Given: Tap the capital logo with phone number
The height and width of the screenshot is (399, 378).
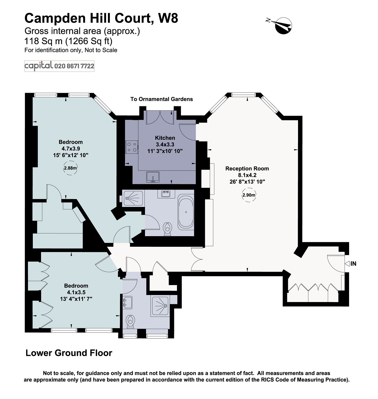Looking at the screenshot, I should coord(59,66).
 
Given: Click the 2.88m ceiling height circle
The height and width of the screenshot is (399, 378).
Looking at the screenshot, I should coord(70,168).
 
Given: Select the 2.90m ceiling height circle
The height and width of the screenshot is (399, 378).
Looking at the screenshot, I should coord(249,195).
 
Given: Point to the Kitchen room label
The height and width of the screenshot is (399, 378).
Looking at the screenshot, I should coord(165,138).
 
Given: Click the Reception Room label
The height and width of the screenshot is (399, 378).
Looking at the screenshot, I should coord(247,168).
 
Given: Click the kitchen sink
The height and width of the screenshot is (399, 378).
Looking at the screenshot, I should coord(153,177).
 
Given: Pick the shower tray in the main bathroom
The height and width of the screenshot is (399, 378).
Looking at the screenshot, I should coord(133,198).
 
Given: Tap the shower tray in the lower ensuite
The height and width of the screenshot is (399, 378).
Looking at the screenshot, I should coord(160,306).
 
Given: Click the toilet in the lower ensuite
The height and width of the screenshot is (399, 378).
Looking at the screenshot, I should coord(130,321).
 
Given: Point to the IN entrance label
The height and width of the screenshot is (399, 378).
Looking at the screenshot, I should coord(353,263).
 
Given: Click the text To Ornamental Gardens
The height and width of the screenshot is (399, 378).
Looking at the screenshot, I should coord(161,99).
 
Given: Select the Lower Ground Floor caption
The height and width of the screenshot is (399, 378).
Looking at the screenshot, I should coord(69,353).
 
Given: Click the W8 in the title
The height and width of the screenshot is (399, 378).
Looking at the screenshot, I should coord(168,18).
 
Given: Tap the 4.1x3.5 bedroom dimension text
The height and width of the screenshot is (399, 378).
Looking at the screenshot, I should coord(76,292).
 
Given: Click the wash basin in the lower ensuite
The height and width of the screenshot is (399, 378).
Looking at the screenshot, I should coord(127,302).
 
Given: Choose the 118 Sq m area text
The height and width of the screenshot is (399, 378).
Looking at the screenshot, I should coord(42,41).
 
